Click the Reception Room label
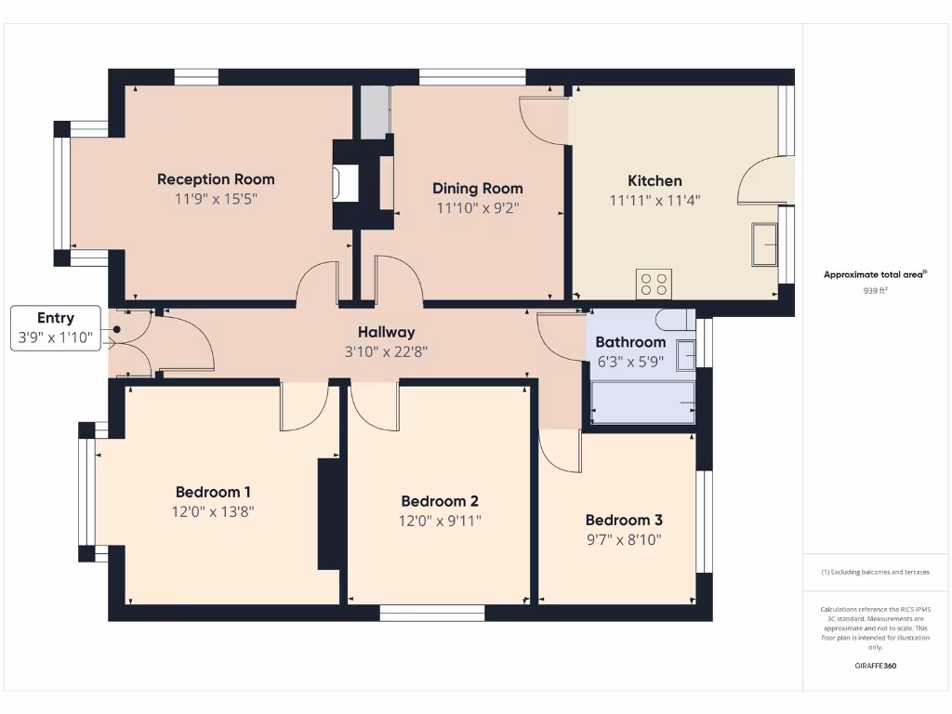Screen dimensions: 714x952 coord(216,179)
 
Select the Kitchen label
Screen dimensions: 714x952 coord(654,181)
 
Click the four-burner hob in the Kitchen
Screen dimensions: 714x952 coord(654,284)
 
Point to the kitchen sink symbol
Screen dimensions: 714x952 coord(766,244)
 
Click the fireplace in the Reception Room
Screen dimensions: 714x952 coord(347,183)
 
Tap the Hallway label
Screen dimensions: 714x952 coord(386,332)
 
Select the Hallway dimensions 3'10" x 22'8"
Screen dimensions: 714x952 coord(386,351)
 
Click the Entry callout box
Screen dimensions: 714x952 coord(56,328)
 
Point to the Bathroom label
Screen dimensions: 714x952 coord(630,342)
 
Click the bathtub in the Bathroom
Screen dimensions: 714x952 coord(642,403)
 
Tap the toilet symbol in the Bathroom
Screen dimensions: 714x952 coord(671,320)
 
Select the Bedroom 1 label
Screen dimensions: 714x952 coord(213,492)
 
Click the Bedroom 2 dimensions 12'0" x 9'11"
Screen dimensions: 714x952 coord(440,521)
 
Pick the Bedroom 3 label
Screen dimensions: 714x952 coord(624,520)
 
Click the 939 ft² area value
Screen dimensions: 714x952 coord(875,290)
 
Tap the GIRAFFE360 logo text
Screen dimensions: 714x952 coord(875,666)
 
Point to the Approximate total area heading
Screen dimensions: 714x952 coord(875,274)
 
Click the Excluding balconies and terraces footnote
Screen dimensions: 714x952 coord(875,572)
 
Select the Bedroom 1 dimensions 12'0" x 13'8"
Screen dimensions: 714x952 coord(213,510)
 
